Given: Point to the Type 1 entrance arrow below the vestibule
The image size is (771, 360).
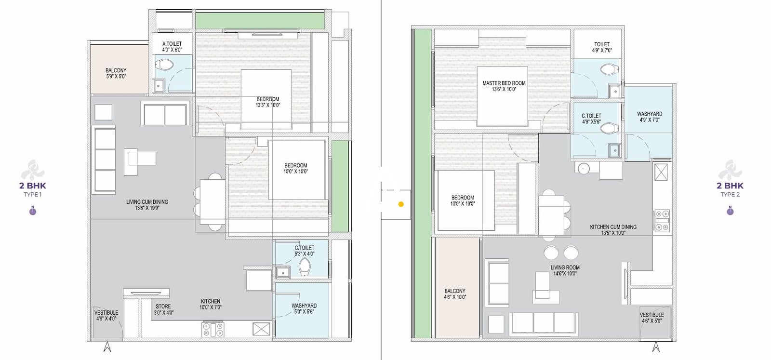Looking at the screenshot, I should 107,346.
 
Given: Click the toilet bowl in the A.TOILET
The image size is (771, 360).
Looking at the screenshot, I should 166,65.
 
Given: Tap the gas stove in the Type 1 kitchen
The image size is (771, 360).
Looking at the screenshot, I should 213,329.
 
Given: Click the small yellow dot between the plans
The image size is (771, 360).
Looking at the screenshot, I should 401,204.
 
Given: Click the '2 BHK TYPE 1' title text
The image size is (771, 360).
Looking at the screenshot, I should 33,188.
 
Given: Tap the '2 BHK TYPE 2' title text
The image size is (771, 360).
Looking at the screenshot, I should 730,188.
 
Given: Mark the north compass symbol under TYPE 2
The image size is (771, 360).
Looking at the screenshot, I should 730,211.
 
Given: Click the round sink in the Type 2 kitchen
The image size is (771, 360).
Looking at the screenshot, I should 584,169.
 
